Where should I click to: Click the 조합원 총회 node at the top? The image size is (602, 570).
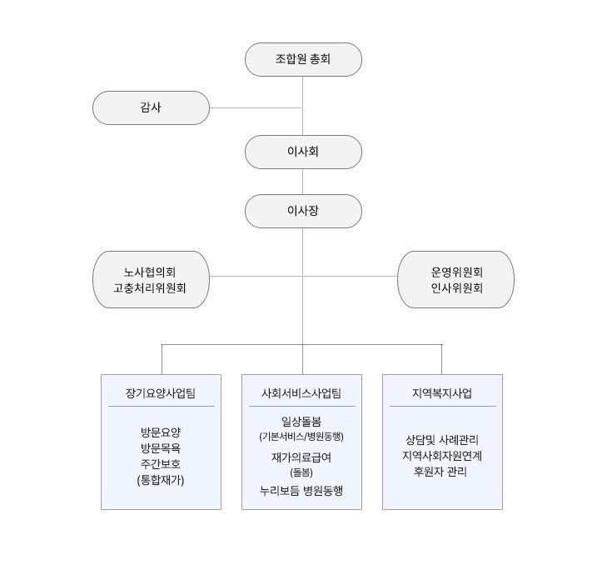click(x=303, y=59)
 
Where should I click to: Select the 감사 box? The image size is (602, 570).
click(x=151, y=107)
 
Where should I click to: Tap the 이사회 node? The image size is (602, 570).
click(x=303, y=152)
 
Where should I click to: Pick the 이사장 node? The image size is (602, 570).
click(x=303, y=211)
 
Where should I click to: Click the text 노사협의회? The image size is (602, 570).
click(x=150, y=272)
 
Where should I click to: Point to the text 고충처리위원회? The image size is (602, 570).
click(x=150, y=288)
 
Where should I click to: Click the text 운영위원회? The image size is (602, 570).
click(x=456, y=272)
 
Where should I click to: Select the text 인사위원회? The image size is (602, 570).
click(x=456, y=288)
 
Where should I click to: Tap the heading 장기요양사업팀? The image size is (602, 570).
click(x=161, y=393)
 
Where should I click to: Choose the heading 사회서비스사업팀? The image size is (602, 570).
click(x=301, y=393)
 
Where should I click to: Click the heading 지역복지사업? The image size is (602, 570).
click(x=442, y=393)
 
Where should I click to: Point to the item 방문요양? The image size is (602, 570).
click(x=161, y=432)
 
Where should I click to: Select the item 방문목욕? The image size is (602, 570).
click(x=161, y=448)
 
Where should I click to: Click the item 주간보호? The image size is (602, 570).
click(x=161, y=464)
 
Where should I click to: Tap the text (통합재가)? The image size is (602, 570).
click(x=161, y=480)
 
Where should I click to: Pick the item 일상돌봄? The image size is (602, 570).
click(x=301, y=422)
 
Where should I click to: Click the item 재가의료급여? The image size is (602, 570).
click(x=301, y=457)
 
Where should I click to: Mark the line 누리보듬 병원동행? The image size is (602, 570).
click(x=301, y=491)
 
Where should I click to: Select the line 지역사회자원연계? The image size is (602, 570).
click(x=442, y=456)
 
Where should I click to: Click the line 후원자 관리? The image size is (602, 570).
click(x=440, y=472)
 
